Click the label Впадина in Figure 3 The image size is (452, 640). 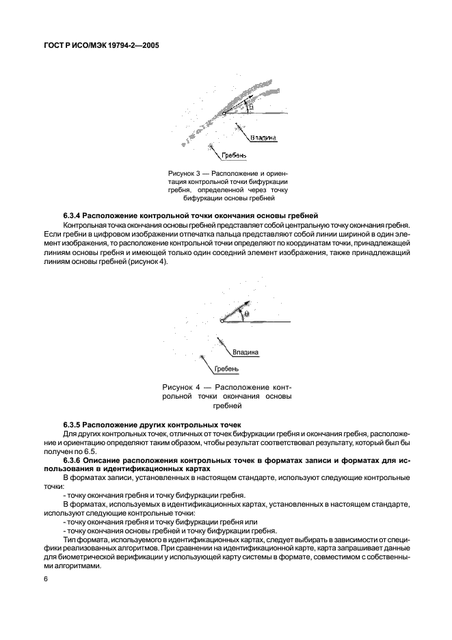click(264, 137)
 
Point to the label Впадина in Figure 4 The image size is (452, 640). click(245, 353)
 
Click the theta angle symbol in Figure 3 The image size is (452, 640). click(251, 107)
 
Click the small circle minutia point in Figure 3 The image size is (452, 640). click(214, 114)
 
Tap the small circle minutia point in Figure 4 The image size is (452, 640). click(222, 321)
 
